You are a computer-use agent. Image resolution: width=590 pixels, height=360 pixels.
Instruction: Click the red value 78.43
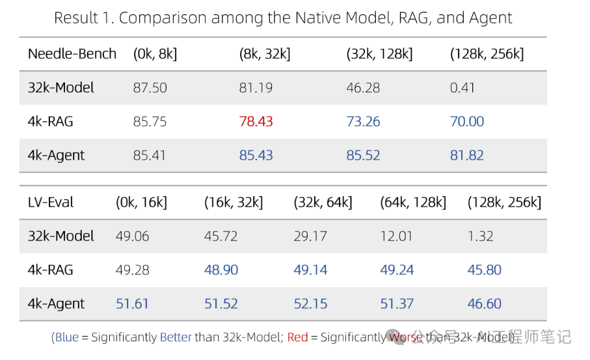pos(256,122)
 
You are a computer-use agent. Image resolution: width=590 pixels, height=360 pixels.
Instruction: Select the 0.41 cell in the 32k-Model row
pos(463,88)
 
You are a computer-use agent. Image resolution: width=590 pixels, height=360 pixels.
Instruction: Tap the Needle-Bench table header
pos(72,54)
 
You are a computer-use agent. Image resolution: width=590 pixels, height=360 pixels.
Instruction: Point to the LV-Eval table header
pos(51,202)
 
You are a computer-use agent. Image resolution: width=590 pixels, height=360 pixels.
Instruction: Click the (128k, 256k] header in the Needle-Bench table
pos(487,54)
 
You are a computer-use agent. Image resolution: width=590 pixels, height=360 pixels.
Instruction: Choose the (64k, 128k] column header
pos(413,202)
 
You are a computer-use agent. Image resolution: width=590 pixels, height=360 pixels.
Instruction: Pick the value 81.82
pos(467,156)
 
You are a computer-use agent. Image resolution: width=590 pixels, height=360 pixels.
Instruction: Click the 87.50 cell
pos(150,88)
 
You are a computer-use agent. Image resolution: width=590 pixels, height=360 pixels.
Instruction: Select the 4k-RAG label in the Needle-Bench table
pos(49,122)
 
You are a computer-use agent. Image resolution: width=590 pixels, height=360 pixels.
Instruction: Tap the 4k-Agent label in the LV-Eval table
pos(56,304)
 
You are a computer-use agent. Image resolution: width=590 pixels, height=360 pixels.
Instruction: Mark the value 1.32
pos(481,236)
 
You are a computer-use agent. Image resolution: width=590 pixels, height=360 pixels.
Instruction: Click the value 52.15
pos(310,304)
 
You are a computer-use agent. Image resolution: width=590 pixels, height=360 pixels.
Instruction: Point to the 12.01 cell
pos(396,236)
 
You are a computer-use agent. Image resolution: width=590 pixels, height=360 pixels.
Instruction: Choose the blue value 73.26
pos(363,122)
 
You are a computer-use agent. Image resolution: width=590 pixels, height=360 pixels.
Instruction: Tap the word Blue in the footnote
pos(66,337)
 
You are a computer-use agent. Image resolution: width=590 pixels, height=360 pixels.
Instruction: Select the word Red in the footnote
pos(297,337)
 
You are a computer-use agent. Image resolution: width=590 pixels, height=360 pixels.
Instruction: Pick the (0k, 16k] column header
pos(141,202)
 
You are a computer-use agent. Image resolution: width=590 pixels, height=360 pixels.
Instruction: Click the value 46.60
pos(485,304)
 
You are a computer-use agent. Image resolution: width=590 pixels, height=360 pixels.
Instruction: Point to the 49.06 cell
pos(132,236)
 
